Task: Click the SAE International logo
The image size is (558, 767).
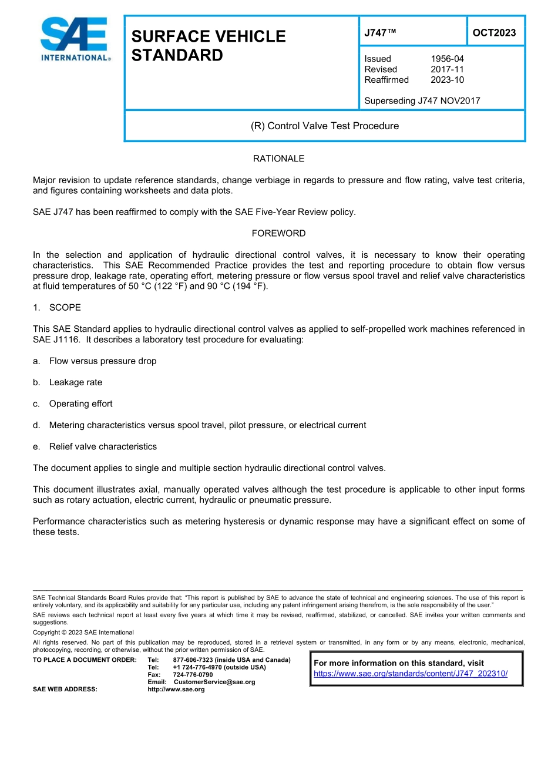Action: pyautogui.click(x=75, y=39)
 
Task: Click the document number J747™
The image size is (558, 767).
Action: pyautogui.click(x=379, y=33)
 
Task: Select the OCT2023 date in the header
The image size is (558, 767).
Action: pyautogui.click(x=494, y=33)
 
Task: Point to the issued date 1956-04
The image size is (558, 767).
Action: pyautogui.click(x=447, y=59)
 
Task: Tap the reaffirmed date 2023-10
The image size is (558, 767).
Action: pyautogui.click(x=447, y=80)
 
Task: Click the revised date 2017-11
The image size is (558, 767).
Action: pyautogui.click(x=447, y=69)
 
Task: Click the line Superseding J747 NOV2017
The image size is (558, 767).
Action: pyautogui.click(x=422, y=101)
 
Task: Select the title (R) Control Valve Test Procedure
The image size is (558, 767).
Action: pyautogui.click(x=324, y=126)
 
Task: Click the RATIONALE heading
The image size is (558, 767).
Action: pyautogui.click(x=278, y=159)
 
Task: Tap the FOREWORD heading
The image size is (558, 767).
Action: pyautogui.click(x=278, y=233)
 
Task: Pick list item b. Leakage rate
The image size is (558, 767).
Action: pyautogui.click(x=75, y=382)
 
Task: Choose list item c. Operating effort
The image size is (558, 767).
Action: pyautogui.click(x=80, y=404)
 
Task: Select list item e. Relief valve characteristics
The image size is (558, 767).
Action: pyautogui.click(x=103, y=447)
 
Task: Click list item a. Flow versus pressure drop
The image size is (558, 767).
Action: pyautogui.click(x=102, y=361)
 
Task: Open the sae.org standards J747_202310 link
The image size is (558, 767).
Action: pyautogui.click(x=410, y=674)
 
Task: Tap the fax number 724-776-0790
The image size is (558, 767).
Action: pyautogui.click(x=193, y=675)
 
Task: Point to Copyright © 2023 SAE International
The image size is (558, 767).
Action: pyautogui.click(x=83, y=633)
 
